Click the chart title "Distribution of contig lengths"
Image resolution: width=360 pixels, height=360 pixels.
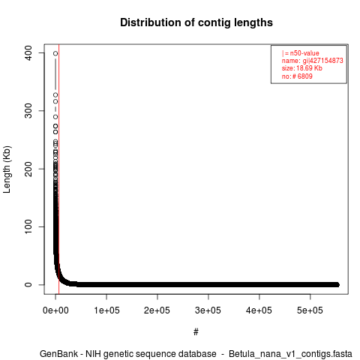pos(196,22)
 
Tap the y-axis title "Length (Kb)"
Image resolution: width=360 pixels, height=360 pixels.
pos(7,169)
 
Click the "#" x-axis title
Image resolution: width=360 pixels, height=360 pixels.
pos(196,332)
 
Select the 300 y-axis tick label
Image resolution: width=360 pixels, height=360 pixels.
pos(28,111)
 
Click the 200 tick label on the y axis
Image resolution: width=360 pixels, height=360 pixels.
pos(28,169)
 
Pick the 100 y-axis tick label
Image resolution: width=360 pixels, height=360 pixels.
pos(28,226)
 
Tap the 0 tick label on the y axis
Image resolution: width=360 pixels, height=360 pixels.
pos(28,285)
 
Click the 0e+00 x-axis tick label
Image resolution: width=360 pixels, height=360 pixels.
pos(55,310)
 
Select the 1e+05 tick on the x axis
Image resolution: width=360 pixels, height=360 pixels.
pos(106,310)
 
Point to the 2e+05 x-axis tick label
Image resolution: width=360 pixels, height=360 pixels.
pos(157,310)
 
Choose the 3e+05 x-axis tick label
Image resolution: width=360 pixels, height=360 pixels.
pos(208,310)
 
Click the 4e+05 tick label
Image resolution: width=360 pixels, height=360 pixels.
pos(259,310)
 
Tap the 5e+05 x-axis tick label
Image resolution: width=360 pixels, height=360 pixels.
pos(310,310)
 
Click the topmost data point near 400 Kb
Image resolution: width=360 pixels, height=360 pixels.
pos(55,53)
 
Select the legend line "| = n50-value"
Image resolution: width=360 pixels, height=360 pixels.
pos(301,53)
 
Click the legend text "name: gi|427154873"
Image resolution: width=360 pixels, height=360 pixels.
pos(313,61)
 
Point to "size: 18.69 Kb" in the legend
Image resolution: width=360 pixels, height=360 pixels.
pos(302,68)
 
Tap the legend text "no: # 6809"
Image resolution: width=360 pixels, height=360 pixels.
pos(297,76)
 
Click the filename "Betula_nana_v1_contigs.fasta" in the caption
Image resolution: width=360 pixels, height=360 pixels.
pos(290,354)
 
